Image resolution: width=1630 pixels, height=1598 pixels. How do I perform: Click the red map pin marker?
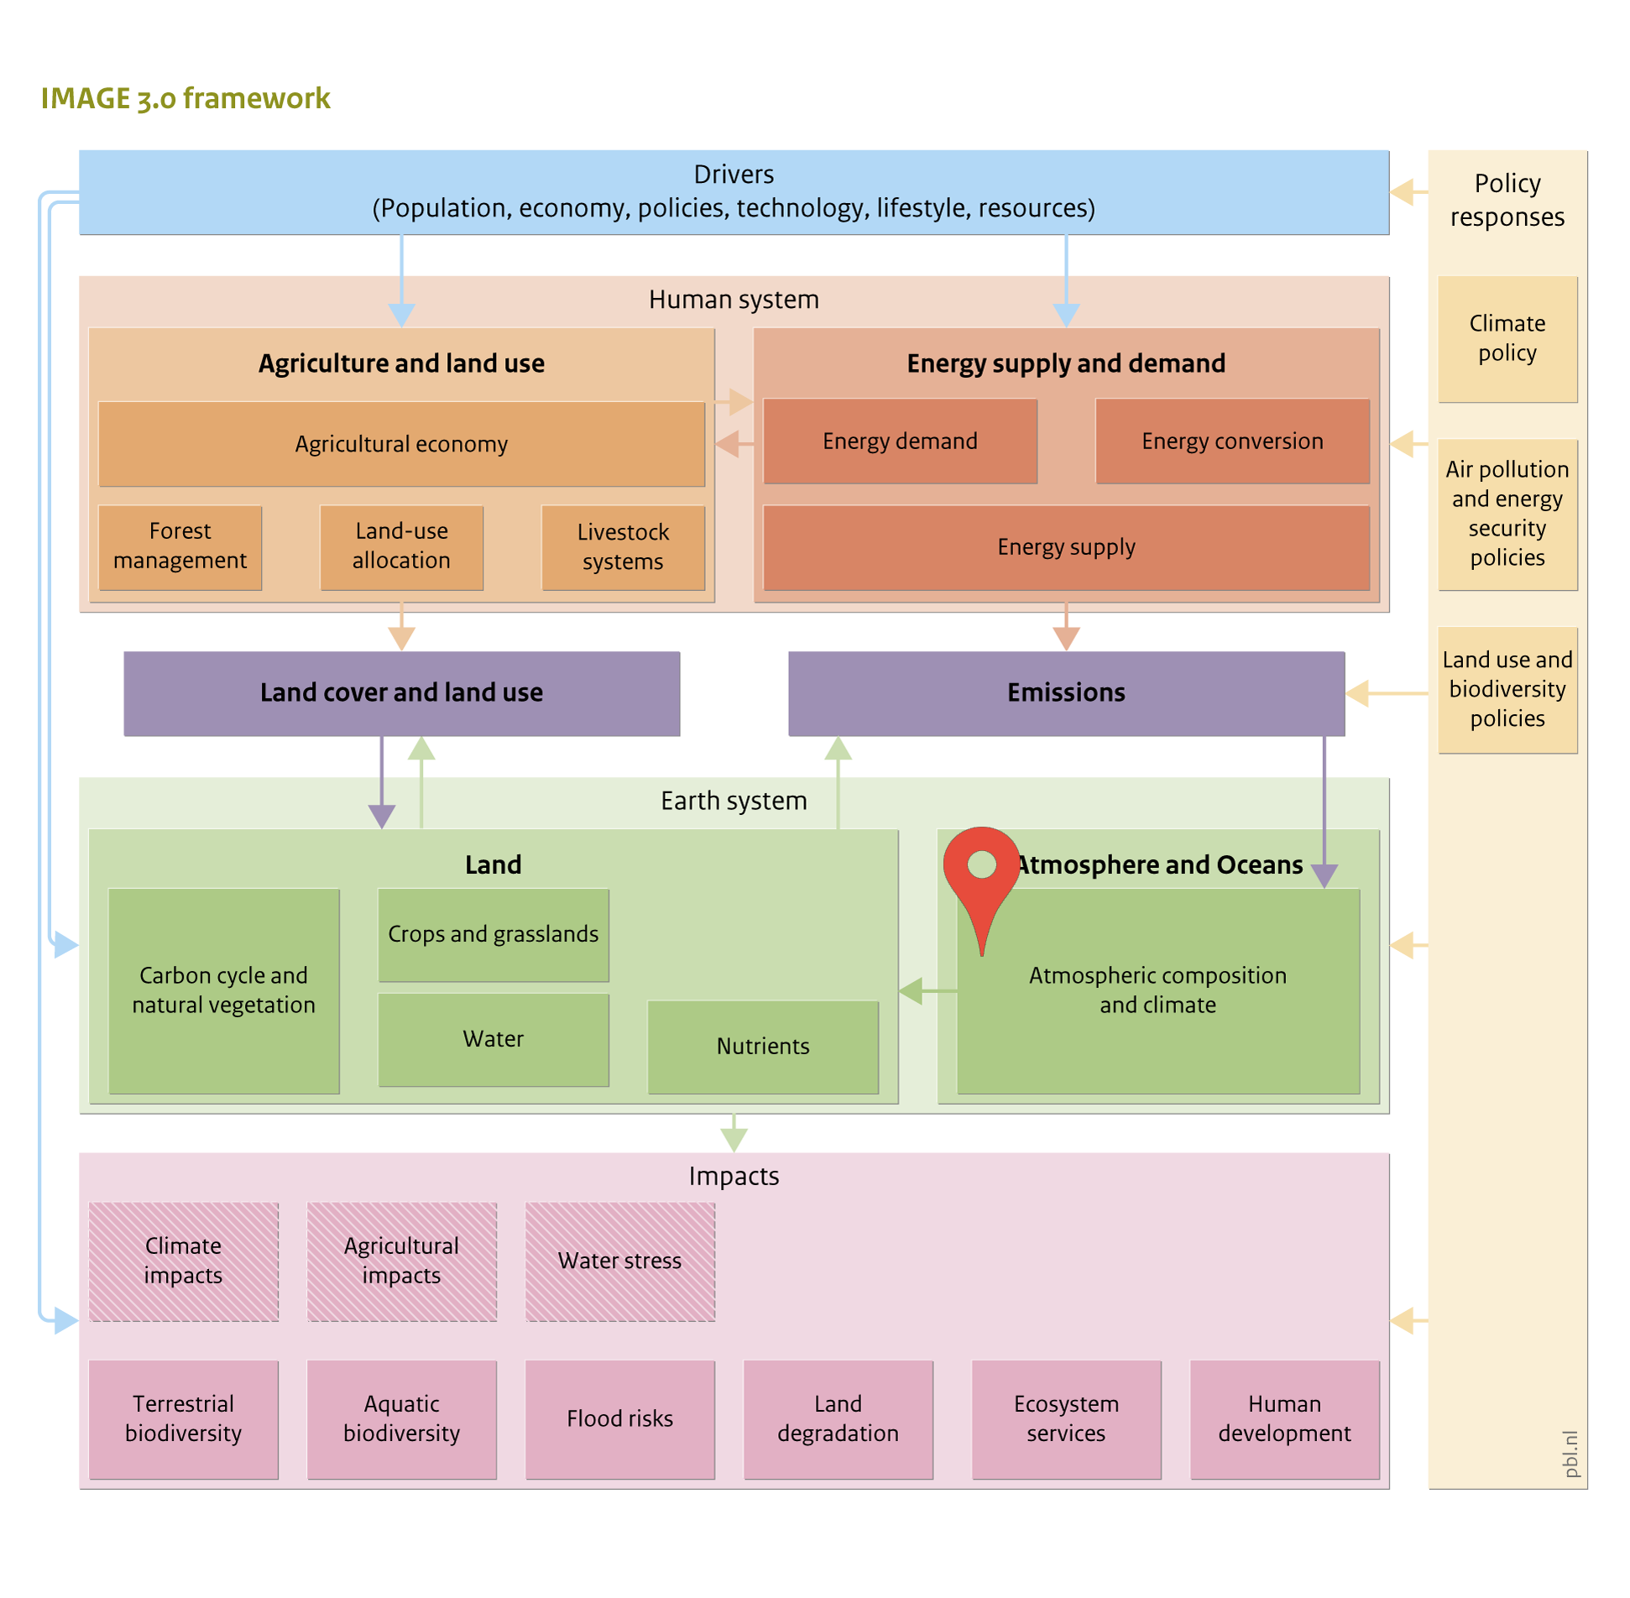point(981,881)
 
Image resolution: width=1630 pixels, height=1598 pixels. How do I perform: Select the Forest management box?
point(180,547)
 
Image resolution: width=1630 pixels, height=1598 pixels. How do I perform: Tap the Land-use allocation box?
point(401,547)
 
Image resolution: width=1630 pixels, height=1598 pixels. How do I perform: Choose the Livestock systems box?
point(623,547)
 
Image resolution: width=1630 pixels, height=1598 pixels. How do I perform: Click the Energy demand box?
point(900,441)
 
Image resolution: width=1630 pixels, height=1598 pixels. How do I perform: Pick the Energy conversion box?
point(1232,441)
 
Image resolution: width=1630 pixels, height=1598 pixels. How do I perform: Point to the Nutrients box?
point(763,1047)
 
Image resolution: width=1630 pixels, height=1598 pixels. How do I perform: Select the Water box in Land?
point(494,1040)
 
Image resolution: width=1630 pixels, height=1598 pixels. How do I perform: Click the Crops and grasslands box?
point(494,935)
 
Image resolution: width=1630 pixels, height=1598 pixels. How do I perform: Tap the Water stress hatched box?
point(620,1261)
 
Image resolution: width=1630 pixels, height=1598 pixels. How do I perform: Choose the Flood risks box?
point(620,1419)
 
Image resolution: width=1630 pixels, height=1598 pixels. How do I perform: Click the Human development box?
point(1285,1419)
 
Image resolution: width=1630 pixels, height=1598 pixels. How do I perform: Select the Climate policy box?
point(1507,339)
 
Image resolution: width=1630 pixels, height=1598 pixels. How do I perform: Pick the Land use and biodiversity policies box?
point(1507,690)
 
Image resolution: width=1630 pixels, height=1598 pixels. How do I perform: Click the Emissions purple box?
point(1067,694)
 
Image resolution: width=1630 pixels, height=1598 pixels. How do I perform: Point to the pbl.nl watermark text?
point(1570,1454)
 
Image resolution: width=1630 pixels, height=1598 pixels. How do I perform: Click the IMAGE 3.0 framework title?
point(185,99)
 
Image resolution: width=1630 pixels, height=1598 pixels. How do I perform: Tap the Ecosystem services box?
point(1067,1419)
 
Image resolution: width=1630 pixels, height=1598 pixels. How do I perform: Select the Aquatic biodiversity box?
point(402,1419)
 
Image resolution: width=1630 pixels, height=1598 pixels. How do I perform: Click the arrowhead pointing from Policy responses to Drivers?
point(1402,192)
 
